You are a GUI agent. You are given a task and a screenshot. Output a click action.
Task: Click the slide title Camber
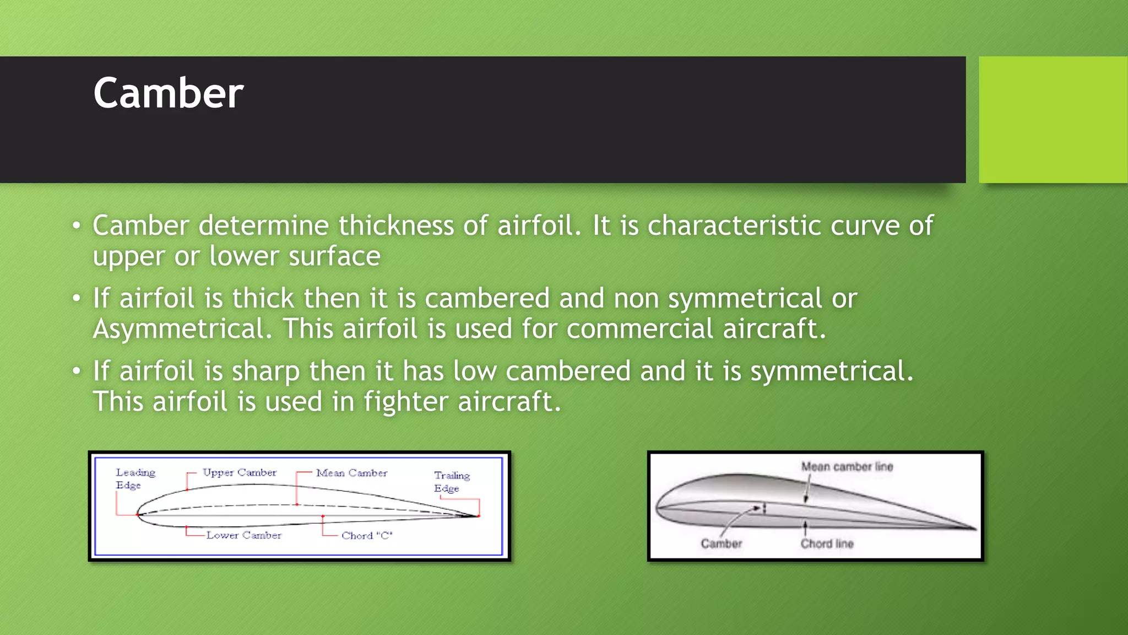pyautogui.click(x=168, y=93)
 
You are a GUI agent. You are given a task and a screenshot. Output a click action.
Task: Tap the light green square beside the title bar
pyautogui.click(x=1053, y=119)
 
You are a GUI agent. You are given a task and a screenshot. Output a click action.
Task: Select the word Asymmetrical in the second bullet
pyautogui.click(x=182, y=329)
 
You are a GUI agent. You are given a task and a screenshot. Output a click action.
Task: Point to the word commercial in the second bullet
pyautogui.click(x=639, y=329)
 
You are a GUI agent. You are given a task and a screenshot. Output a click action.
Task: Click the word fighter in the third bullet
pyautogui.click(x=405, y=402)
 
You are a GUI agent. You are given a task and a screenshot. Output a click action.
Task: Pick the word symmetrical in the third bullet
pyautogui.click(x=832, y=372)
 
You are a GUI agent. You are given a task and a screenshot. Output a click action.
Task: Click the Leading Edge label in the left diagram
pyautogui.click(x=135, y=478)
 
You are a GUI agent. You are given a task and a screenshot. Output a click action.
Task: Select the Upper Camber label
pyautogui.click(x=239, y=472)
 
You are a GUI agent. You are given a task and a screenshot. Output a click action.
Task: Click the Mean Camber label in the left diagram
pyautogui.click(x=351, y=473)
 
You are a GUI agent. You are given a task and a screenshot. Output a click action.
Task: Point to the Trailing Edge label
pyautogui.click(x=451, y=482)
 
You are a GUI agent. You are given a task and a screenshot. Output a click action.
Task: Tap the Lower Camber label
pyautogui.click(x=243, y=535)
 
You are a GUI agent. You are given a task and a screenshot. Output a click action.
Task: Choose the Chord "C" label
pyautogui.click(x=367, y=536)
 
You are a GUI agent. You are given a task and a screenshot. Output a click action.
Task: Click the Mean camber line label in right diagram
pyautogui.click(x=847, y=467)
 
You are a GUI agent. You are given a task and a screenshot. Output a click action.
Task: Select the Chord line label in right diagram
pyautogui.click(x=827, y=544)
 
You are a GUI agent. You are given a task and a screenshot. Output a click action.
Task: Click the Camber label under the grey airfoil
pyautogui.click(x=721, y=544)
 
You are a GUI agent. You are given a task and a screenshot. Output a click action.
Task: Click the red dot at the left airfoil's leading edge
pyautogui.click(x=138, y=515)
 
